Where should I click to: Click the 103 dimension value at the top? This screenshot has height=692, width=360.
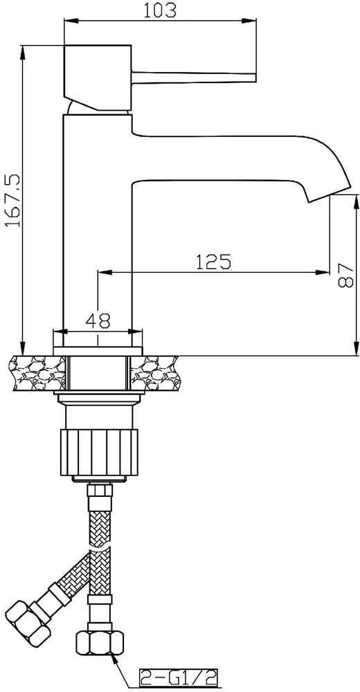[x=160, y=10]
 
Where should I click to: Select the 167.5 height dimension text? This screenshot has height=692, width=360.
[x=12, y=200]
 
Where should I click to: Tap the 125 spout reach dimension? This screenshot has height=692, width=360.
[x=213, y=262]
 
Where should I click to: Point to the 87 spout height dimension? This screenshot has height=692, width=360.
[x=347, y=276]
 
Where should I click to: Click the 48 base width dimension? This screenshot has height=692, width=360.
[x=98, y=320]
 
